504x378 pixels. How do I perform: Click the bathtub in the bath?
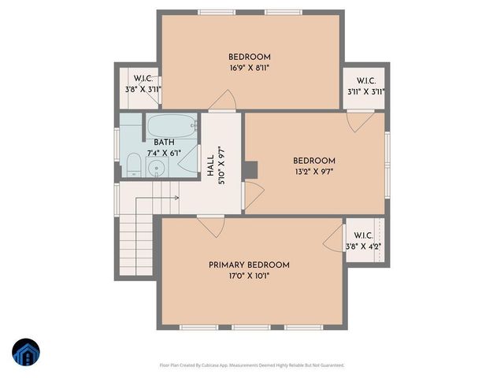coord(171,126)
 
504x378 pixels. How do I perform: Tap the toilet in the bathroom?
coord(134,165)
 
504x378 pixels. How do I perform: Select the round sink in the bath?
coord(157,167)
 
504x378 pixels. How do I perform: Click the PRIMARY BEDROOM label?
coord(249,265)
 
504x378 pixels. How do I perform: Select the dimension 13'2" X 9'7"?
coord(314,172)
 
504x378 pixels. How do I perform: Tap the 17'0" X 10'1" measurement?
coord(249,276)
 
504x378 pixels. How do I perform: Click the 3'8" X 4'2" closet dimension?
coord(363,246)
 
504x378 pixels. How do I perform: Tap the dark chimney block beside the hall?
coord(250,169)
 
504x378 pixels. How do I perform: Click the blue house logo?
coord(25,352)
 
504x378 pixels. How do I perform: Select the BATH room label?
coord(164,142)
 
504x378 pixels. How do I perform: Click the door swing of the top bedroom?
coord(225,101)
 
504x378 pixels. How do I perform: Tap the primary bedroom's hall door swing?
coord(211,227)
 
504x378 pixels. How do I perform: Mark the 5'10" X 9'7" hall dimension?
coord(222,165)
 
